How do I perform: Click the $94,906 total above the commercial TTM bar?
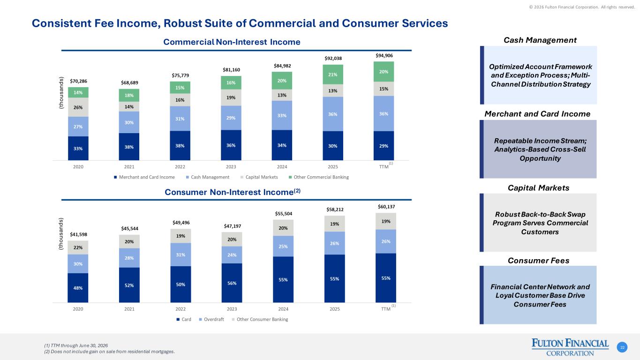pyautogui.click(x=384, y=55)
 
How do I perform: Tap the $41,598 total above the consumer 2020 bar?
pyautogui.click(x=78, y=234)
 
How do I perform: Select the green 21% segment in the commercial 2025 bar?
pyautogui.click(x=333, y=75)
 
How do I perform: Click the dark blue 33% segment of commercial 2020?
pyautogui.click(x=78, y=148)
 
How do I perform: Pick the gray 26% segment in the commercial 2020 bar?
pyautogui.click(x=78, y=107)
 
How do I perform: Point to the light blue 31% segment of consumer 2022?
pyautogui.click(x=181, y=255)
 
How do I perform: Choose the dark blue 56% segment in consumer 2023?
pyautogui.click(x=232, y=283)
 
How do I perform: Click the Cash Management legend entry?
pyautogui.click(x=208, y=177)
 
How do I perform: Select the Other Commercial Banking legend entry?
pyautogui.click(x=319, y=177)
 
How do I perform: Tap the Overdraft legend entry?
pyautogui.click(x=211, y=319)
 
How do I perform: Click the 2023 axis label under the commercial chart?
pyautogui.click(x=231, y=167)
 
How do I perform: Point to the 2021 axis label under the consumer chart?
pyautogui.click(x=129, y=309)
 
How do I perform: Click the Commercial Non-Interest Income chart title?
pyautogui.click(x=232, y=42)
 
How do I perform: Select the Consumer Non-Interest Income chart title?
pyautogui.click(x=232, y=192)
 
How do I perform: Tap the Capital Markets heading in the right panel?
pyautogui.click(x=538, y=187)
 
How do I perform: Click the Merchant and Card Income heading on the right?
pyautogui.click(x=537, y=114)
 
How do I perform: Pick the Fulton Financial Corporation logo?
pyautogui.click(x=570, y=347)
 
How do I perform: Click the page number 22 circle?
pyautogui.click(x=622, y=347)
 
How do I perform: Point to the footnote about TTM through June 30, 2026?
pyautogui.click(x=76, y=346)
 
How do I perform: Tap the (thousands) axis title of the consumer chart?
pyautogui.click(x=60, y=234)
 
